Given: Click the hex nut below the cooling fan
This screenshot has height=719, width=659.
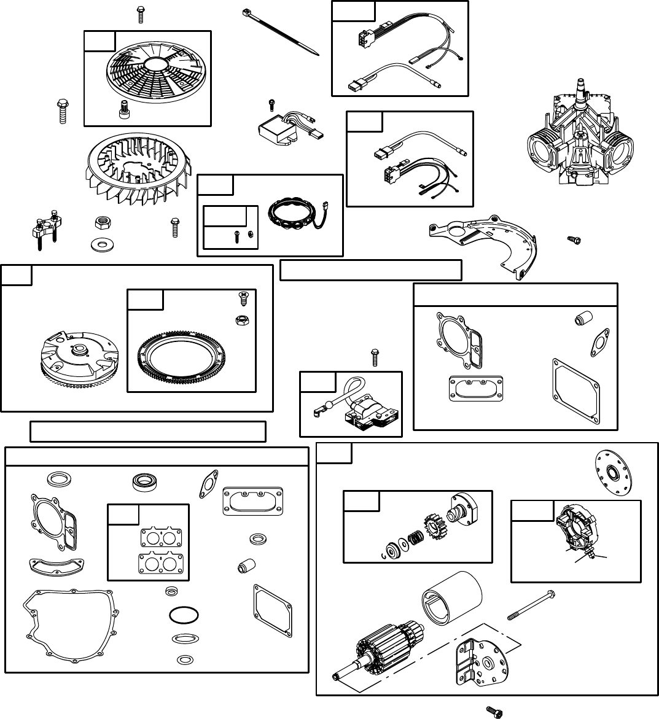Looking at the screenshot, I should (101, 221).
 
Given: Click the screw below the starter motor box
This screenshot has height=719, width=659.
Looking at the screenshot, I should (495, 711).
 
